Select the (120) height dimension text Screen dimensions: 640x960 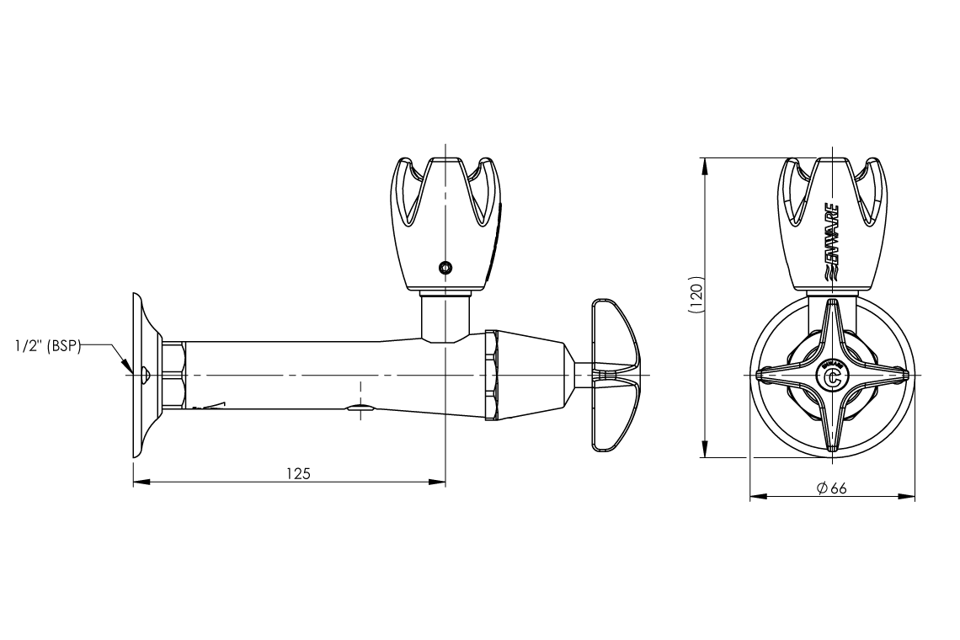pyautogui.click(x=695, y=298)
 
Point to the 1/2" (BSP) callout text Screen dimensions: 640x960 pyautogui.click(x=46, y=345)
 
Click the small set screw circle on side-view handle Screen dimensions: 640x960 pyautogui.click(x=445, y=268)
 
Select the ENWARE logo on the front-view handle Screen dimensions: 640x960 pyautogui.click(x=829, y=243)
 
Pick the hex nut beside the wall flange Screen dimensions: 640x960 pyautogui.click(x=173, y=375)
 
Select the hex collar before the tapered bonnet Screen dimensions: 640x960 pyautogui.click(x=492, y=375)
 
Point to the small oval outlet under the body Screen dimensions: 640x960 pyautogui.click(x=361, y=409)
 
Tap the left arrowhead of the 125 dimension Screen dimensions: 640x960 pyautogui.click(x=136, y=483)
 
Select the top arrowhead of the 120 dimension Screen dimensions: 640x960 pyautogui.click(x=704, y=161)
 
